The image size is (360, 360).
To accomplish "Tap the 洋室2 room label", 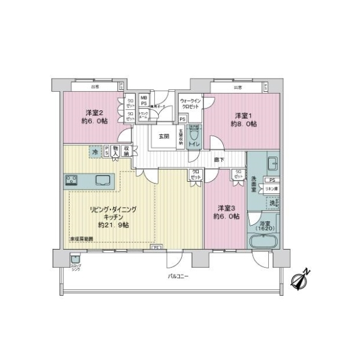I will pos(96,112).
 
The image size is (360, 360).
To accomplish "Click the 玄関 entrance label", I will pos(164,136).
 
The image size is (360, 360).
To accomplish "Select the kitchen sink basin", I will pos(100,180).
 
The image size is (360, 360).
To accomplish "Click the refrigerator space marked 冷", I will pos(94,151).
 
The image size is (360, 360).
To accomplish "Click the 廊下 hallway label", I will pos(220,160).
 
